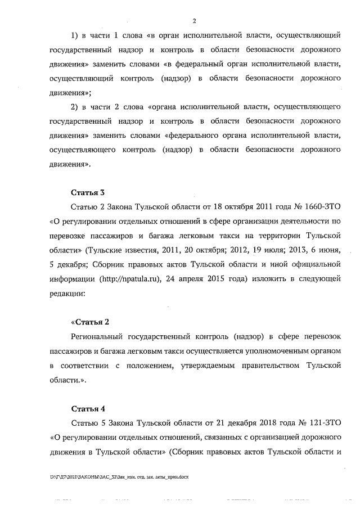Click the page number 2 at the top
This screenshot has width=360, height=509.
click(x=193, y=21)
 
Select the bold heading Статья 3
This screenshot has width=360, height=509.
click(x=88, y=192)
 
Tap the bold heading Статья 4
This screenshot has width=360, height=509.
click(x=88, y=407)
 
